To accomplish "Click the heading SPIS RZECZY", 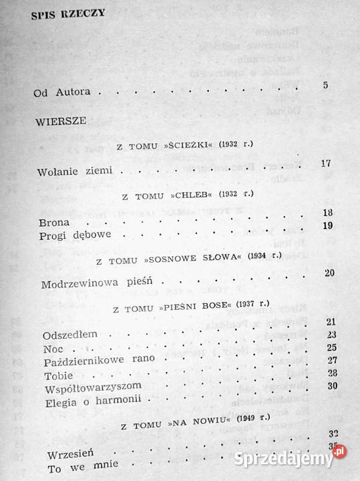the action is pos(68,19).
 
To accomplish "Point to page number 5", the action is pos(325,85).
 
